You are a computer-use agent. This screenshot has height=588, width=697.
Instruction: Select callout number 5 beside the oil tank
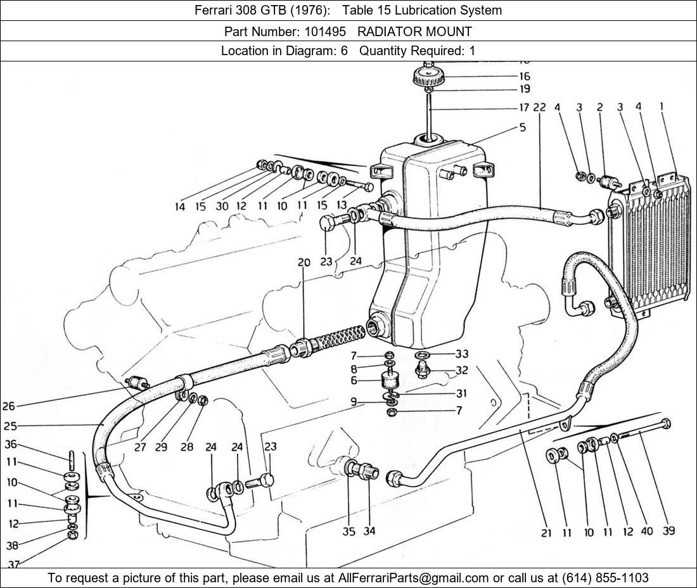coord(522,127)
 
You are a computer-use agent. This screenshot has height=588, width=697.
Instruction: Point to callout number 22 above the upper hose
coord(539,108)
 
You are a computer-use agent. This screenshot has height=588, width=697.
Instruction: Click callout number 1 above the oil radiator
coord(662,107)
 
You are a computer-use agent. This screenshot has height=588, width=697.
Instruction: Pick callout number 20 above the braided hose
coord(304,263)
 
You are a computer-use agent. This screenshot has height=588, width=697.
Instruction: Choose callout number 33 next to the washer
coord(462,354)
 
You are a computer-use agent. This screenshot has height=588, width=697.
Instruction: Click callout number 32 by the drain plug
coord(462,371)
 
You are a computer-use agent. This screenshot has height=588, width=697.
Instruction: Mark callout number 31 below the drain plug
coord(461,393)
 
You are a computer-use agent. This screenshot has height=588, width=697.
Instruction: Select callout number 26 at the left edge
coord(8,406)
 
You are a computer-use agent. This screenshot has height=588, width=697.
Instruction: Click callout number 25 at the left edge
coord(9,426)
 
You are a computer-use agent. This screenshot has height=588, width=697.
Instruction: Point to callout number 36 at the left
coord(11,445)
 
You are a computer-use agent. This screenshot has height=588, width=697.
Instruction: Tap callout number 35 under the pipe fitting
coord(349,531)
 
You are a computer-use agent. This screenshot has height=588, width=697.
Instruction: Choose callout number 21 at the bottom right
coord(546,533)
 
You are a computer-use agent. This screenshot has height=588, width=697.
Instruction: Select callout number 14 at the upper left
coord(181,207)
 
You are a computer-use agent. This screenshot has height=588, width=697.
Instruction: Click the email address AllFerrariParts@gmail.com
coord(414,578)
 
